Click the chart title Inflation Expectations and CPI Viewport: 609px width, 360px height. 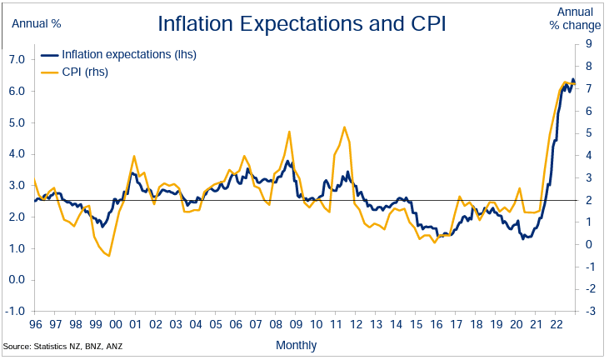302,23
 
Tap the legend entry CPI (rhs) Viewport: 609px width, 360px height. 85,72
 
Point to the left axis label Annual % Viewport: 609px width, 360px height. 36,23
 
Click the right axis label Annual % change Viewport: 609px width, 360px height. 576,18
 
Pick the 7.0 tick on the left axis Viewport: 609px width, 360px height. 15,60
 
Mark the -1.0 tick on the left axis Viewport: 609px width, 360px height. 15,311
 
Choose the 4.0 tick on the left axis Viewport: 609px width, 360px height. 15,154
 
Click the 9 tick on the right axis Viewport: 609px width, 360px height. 589,44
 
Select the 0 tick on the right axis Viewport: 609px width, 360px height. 589,244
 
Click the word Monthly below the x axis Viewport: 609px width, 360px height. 296,344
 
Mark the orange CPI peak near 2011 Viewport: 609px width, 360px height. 344,127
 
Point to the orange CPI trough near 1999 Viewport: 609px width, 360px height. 108,255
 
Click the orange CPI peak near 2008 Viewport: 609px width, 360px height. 289,132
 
